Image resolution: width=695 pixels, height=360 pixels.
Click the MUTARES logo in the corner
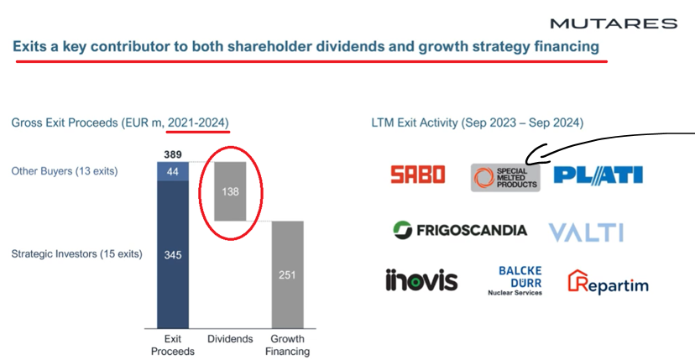[614, 23]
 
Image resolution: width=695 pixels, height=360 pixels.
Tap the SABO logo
[417, 175]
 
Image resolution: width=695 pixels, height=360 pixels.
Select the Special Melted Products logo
[505, 176]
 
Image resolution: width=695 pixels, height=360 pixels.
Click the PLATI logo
[598, 175]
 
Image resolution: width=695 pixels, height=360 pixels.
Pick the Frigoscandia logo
[460, 230]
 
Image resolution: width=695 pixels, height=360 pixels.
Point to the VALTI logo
[586, 232]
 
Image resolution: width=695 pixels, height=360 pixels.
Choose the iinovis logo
[421, 280]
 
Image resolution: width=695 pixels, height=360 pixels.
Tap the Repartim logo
[609, 283]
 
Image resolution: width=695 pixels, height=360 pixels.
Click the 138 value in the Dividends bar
[231, 191]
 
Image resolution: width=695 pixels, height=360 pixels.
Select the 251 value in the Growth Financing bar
[287, 274]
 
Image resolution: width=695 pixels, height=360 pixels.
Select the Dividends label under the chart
[231, 339]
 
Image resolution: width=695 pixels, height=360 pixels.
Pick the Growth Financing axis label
[287, 345]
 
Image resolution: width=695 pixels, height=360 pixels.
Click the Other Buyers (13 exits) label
[65, 171]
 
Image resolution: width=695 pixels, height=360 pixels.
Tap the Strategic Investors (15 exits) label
[76, 253]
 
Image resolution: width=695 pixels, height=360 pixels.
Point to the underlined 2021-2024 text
[197, 123]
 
